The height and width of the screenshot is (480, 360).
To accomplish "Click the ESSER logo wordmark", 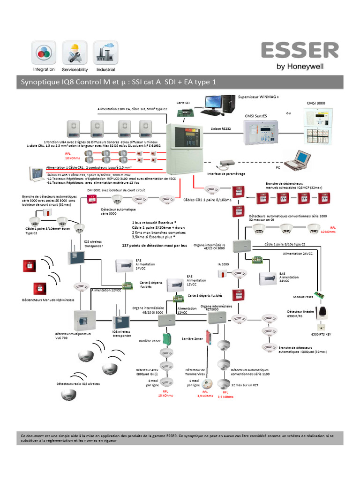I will tap(300, 51).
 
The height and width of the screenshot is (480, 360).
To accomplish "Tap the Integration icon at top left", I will tap(44, 52).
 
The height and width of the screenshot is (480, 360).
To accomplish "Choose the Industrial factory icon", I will tap(105, 52).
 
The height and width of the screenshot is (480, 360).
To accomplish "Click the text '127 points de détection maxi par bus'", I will tap(154, 245).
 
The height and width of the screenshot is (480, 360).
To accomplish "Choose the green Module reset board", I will tap(319, 296).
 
